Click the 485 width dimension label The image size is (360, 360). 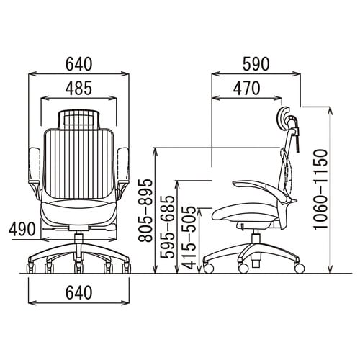pos(79,88)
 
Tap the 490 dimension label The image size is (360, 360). pos(22,229)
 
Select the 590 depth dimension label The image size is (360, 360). pos(256,64)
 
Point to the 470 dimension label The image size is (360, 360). pos(247,88)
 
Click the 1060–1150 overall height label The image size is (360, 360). pos(320,189)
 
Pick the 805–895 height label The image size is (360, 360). pos(145,210)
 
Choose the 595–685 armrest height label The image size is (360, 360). pos(167,227)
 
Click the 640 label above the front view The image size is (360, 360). pos(79,64)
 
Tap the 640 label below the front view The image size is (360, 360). pos(79,292)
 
